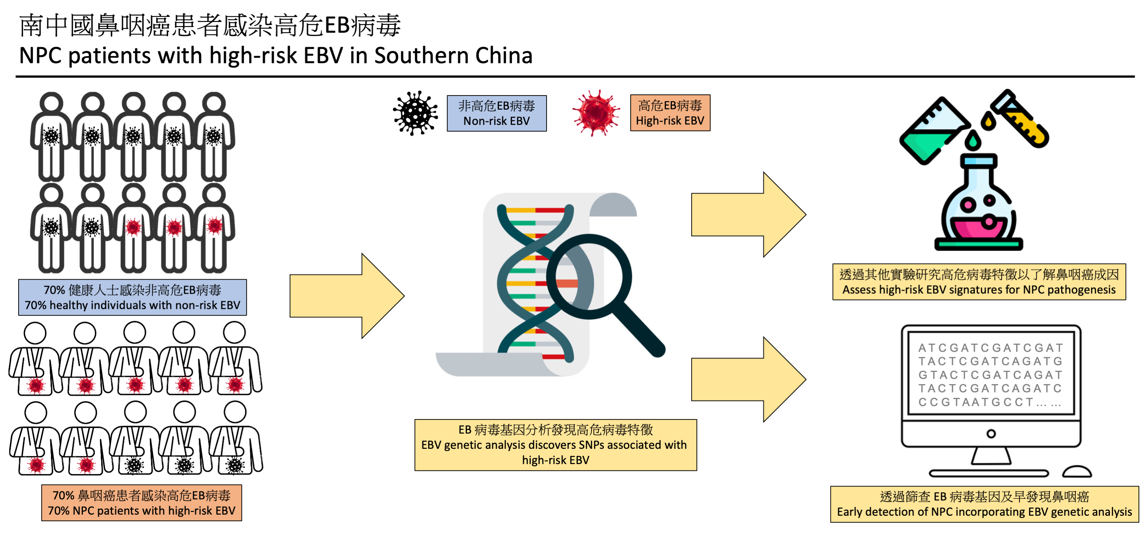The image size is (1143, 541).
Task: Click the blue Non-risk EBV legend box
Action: pos(496,113)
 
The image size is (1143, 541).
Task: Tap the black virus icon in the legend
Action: pos(415,113)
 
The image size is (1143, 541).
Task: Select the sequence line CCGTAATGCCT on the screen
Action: pos(989,402)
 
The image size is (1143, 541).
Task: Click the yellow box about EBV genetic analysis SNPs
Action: pos(556,445)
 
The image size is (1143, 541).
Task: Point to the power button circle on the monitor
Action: pos(991,434)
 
